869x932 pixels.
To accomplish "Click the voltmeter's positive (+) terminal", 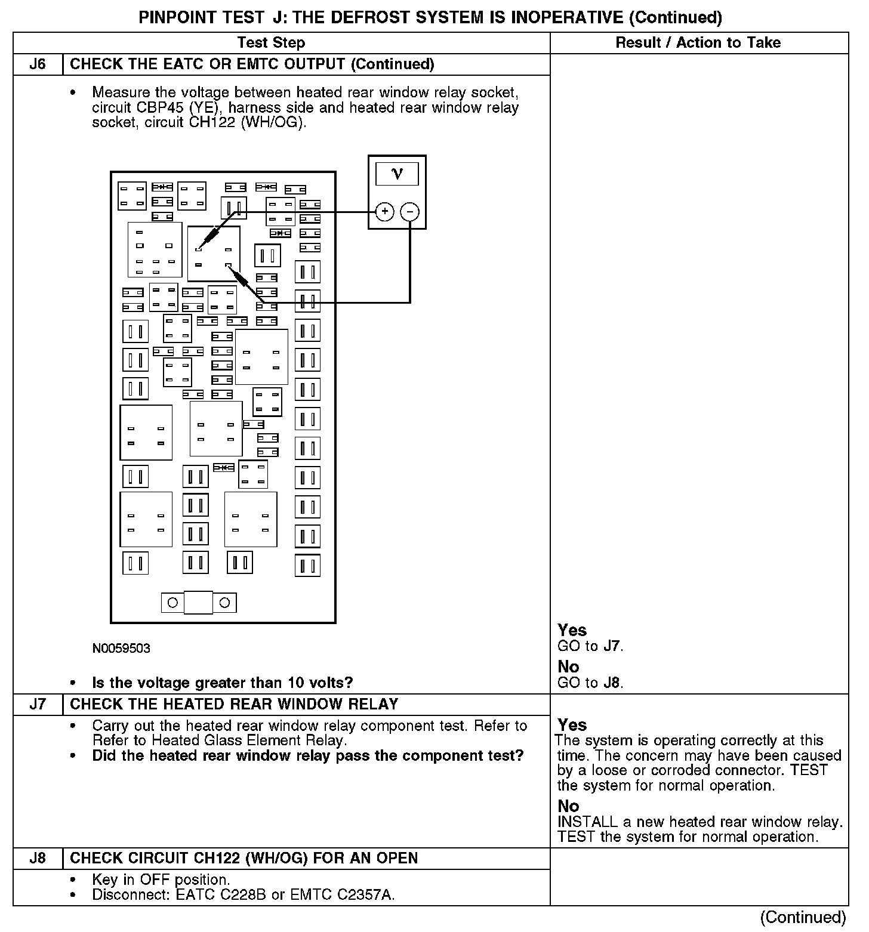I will [384, 212].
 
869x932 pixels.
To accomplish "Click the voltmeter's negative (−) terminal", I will [409, 212].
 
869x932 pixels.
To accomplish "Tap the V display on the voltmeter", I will [397, 174].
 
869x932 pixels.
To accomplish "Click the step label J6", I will [38, 64].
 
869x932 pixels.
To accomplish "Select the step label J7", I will [38, 705].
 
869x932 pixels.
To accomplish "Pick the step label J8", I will [38, 858].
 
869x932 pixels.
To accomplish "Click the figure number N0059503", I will [121, 649].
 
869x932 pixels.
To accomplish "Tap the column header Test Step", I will [271, 43].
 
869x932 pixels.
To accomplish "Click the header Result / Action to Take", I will [698, 43].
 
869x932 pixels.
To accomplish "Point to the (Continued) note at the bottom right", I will [803, 917].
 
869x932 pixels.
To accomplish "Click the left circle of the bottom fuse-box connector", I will [172, 603].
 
